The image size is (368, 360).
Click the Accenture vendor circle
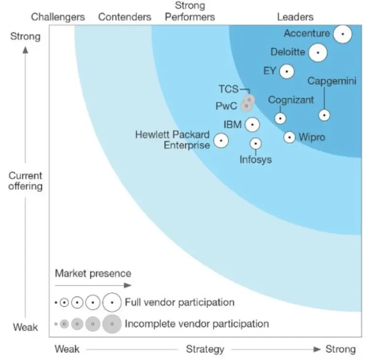coord(343,34)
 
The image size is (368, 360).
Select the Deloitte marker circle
coord(318,53)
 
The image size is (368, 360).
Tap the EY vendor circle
coord(286,72)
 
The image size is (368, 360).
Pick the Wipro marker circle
coord(290,137)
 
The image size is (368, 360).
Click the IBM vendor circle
coord(252,125)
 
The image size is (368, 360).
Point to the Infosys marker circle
coord(256,143)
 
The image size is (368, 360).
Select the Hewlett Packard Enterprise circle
coord(221,140)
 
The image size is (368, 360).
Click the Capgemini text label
coord(332,81)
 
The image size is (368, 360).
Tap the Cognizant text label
coord(291,100)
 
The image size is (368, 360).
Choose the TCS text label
coord(228,89)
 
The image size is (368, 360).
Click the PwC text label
coord(226,106)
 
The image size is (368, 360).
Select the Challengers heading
coord(58,17)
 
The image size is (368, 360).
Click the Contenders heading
coord(125,17)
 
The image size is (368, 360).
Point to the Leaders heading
coord(295,17)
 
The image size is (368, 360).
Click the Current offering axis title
coord(25,181)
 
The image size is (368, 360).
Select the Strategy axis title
coord(205,349)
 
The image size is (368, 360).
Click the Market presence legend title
coord(93,273)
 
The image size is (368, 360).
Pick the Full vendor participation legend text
coord(179,302)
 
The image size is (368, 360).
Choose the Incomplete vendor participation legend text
coord(197,324)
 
